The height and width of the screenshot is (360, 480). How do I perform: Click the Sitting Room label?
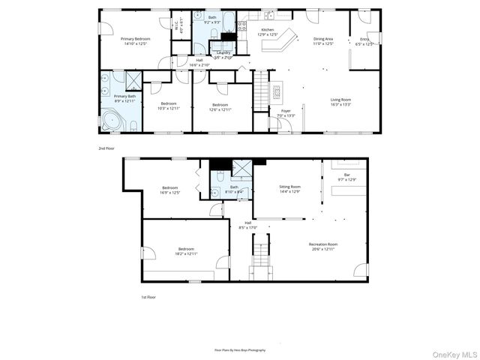click(x=290, y=189)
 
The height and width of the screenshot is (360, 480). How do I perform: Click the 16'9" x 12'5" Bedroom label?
click(x=169, y=190)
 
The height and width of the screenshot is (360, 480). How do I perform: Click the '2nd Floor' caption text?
click(x=107, y=148)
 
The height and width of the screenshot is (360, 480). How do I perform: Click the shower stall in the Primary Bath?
click(x=133, y=79)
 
